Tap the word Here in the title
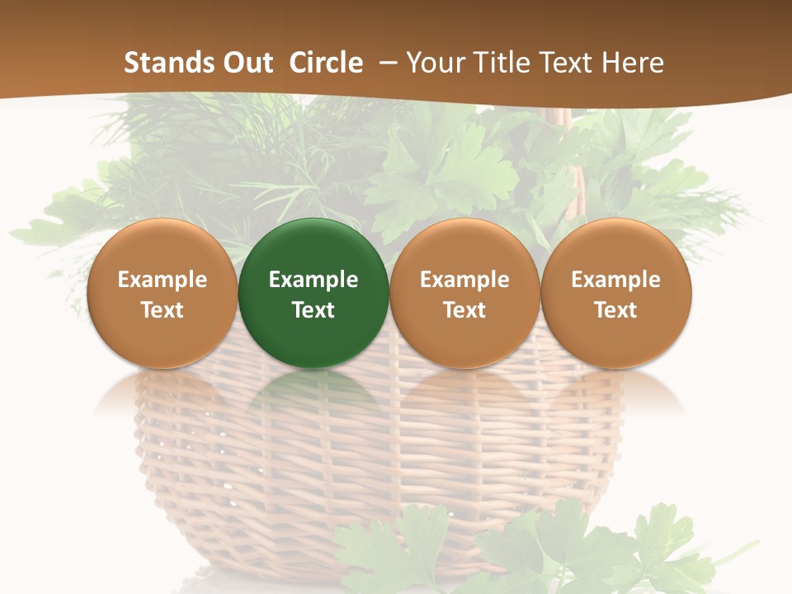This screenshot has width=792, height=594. tap(635, 63)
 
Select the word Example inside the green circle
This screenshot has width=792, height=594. tap(313, 280)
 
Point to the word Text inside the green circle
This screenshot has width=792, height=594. tap(313, 310)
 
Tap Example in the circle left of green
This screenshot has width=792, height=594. tap(162, 280)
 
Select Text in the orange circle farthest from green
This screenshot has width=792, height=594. tap(615, 310)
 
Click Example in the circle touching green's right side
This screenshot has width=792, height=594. tap(464, 280)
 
